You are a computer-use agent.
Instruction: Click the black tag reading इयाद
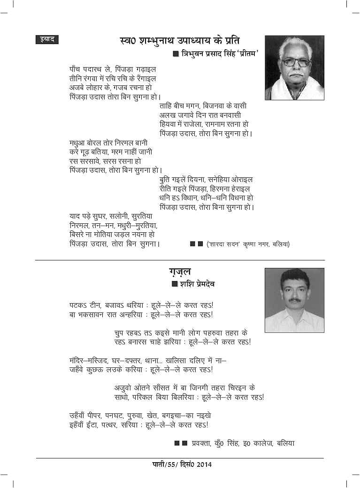click(x=46, y=40)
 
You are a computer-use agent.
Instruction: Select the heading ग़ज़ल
click(x=180, y=273)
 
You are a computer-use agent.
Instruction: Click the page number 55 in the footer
click(x=169, y=465)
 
